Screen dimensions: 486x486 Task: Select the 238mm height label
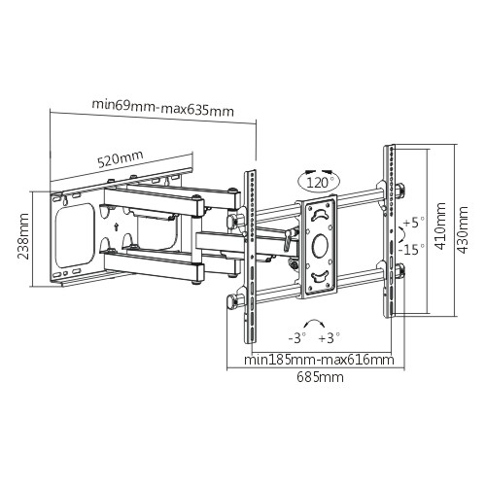23,236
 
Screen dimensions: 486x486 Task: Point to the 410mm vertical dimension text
440,226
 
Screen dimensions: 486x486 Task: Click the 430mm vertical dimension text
462,229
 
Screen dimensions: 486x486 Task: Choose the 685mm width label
320,377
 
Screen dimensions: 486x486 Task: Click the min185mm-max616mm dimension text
319,360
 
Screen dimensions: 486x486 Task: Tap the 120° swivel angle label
318,183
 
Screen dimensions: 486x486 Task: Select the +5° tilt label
414,223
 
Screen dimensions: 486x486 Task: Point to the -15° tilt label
411,250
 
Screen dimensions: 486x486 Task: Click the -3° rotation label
297,338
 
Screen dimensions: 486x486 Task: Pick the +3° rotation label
330,338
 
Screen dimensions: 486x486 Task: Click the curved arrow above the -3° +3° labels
314,321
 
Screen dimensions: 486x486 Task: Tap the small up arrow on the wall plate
116,226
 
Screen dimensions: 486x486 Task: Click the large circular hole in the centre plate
320,244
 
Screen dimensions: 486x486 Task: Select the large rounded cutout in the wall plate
75,235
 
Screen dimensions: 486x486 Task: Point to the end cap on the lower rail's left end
232,302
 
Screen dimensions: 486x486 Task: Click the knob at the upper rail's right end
400,190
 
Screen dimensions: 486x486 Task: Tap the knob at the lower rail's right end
400,271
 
